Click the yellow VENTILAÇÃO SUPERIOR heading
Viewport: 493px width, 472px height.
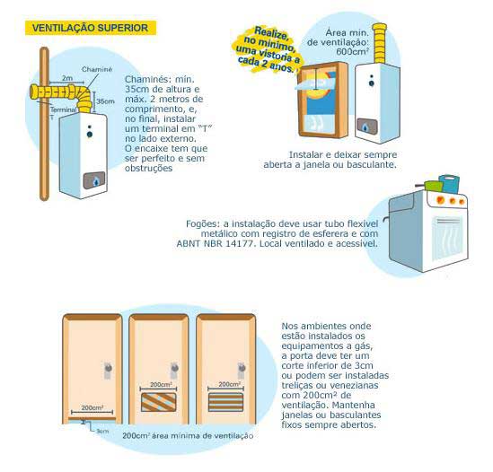point(91,28)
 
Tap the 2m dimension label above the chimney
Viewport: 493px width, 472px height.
point(67,78)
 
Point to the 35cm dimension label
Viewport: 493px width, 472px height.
point(105,101)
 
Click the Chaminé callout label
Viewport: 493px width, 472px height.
point(97,69)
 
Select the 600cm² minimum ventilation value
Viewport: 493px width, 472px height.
point(352,51)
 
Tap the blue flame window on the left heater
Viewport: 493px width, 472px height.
point(94,180)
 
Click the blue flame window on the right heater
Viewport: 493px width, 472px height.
point(367,127)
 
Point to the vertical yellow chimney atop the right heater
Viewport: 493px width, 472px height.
point(379,43)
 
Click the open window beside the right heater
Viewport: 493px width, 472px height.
point(322,100)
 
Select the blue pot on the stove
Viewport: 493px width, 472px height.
point(450,184)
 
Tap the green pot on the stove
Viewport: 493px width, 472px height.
point(433,187)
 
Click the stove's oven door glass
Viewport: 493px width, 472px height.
point(447,239)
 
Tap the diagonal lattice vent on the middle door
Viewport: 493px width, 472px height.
point(158,402)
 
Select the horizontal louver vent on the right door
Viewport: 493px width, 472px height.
point(225,402)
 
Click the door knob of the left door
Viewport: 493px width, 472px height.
point(108,368)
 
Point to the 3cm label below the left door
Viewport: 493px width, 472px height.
point(102,431)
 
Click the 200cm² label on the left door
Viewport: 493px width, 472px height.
point(92,407)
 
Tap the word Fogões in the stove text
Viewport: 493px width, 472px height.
point(202,224)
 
